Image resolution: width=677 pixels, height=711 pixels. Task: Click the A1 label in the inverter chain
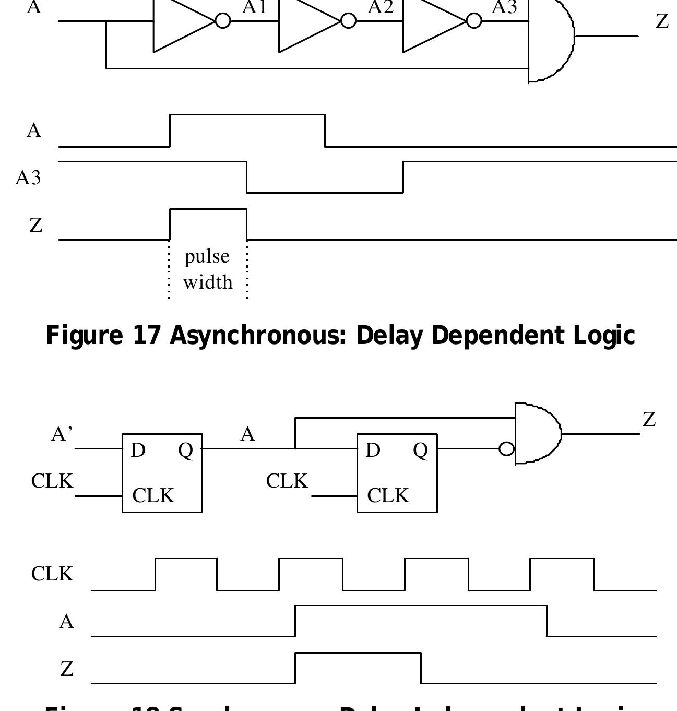254,7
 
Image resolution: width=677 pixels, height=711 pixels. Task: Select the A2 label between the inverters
380,7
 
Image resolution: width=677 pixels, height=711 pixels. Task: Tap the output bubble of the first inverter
223,21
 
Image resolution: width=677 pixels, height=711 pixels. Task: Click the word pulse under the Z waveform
207,257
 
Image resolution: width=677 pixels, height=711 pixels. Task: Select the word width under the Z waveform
208,282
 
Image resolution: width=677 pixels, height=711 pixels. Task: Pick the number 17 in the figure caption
146,335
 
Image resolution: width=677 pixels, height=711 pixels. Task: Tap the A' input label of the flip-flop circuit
62,434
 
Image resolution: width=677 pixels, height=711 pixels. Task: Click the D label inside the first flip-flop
138,450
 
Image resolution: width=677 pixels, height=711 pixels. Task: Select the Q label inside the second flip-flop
420,450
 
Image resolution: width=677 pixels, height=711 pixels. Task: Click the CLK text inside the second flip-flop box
388,495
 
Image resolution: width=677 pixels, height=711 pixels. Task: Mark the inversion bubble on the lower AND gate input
506,449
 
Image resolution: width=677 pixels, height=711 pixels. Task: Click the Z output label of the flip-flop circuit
649,419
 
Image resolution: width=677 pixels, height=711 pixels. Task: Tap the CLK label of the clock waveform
52,574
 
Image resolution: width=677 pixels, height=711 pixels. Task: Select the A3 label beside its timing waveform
28,178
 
